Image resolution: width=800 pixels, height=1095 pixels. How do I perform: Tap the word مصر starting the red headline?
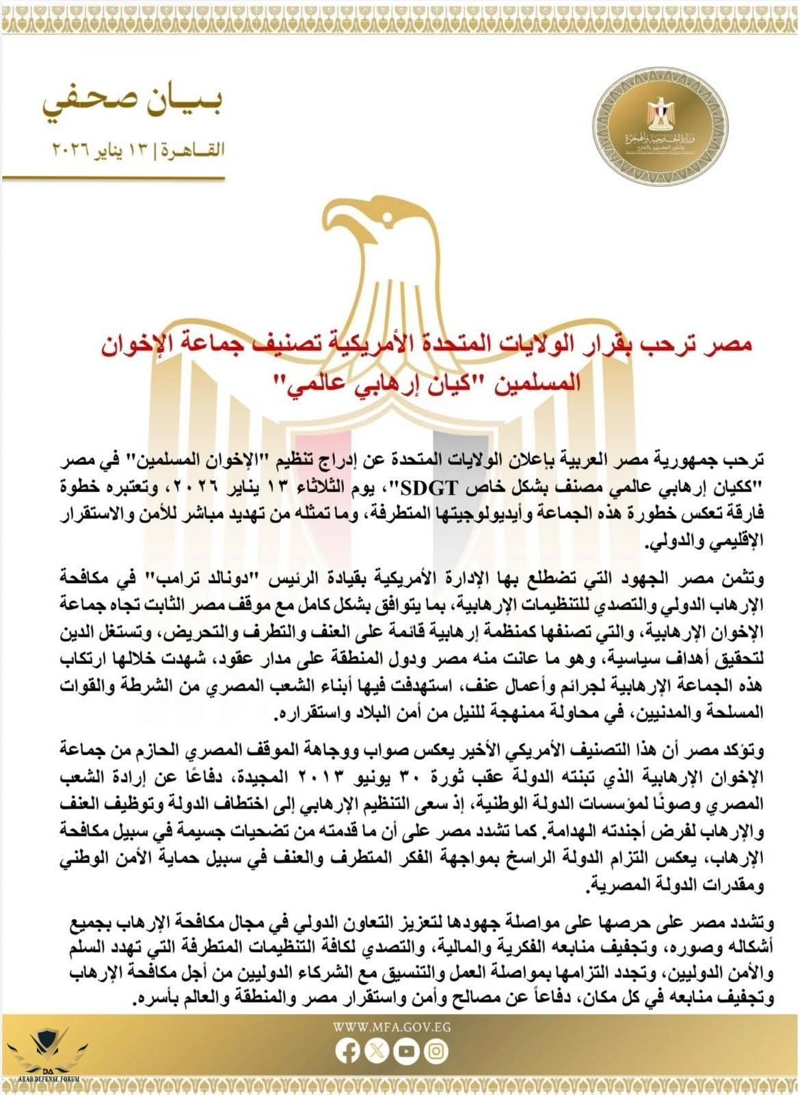point(732,344)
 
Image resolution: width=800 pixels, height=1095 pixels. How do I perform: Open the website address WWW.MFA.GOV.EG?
point(392,1027)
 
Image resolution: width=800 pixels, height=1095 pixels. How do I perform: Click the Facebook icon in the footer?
point(349,1051)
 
